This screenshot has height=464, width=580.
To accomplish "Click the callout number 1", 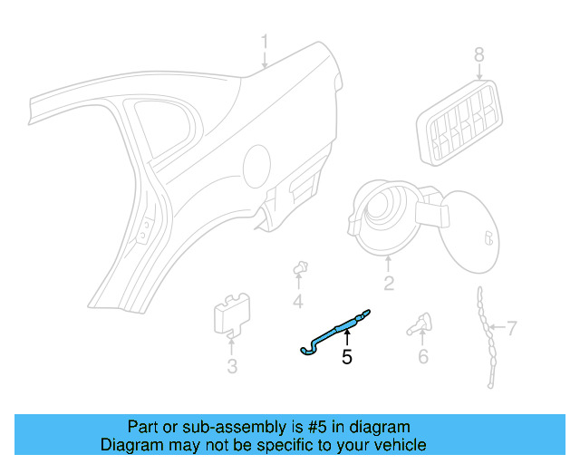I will coord(265,42).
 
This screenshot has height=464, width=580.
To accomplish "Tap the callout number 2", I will coord(388,284).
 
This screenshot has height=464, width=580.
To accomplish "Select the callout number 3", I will coord(232,366).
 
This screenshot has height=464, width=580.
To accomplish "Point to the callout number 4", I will coord(297,302).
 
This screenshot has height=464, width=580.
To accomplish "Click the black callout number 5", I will coord(346,357).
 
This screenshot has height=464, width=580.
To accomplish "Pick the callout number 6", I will coord(422,356).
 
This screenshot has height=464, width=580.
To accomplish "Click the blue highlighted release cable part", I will coord(335,329).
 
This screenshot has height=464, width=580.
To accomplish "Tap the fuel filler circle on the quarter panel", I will coord(256,167).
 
